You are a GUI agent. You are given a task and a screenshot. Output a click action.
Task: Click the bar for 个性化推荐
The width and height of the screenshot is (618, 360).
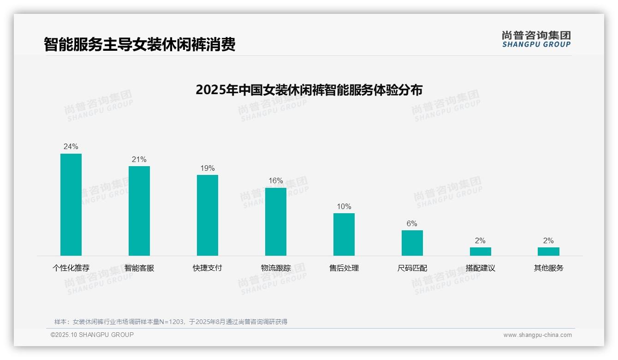[x=71, y=204]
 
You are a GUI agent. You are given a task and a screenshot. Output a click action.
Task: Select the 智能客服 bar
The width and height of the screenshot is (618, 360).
[x=139, y=211]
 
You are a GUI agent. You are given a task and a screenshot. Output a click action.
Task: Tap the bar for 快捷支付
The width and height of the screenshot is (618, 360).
[x=208, y=215]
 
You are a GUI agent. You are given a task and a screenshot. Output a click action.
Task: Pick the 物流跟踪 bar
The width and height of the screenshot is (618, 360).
[x=276, y=222]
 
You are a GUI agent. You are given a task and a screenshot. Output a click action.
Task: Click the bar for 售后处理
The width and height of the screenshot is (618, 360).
[x=344, y=234]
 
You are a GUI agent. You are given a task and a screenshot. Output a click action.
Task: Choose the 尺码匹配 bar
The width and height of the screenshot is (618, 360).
[x=412, y=243]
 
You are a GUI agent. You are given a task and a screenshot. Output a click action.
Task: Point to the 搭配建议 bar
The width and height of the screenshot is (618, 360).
[x=481, y=252]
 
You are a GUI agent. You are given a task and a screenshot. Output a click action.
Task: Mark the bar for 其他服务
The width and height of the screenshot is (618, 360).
[x=548, y=252]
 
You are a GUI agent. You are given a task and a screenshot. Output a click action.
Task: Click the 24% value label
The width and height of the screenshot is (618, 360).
[x=71, y=147]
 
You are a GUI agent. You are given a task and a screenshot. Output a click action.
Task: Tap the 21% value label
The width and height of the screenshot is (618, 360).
[x=139, y=160]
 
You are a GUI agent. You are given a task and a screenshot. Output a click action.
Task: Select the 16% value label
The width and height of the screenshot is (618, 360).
[x=276, y=181]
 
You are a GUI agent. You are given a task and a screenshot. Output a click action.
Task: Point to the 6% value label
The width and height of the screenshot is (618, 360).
[x=412, y=224]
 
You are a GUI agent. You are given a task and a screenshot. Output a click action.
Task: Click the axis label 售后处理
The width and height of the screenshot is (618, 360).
[x=344, y=268]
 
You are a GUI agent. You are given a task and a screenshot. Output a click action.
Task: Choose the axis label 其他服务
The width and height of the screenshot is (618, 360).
[x=548, y=268]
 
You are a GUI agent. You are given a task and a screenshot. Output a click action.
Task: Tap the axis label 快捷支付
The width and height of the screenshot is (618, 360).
[x=208, y=268]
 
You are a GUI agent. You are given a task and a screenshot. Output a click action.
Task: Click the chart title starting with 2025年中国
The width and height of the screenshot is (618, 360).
[x=309, y=90]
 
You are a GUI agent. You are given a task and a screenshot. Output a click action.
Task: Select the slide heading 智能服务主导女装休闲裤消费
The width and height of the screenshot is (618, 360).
[x=140, y=44]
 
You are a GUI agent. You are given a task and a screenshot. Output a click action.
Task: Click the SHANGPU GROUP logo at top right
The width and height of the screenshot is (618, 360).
[x=536, y=39]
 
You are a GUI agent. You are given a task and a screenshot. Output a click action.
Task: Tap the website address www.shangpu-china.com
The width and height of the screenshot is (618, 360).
[x=537, y=335]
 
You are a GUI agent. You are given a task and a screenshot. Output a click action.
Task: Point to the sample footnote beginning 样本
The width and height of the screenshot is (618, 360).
[x=171, y=322]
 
